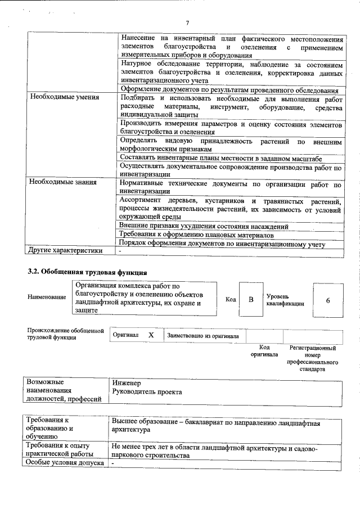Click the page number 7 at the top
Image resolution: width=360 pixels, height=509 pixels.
pos(188,22)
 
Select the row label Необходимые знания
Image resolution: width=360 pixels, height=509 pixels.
pos(63,182)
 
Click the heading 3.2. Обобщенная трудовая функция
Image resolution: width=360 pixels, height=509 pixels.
pos(88,272)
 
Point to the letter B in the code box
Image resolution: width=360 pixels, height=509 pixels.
pos(251,299)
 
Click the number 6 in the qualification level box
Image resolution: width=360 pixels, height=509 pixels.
pos(327,300)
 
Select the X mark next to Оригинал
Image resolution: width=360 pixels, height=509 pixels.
pos(151,335)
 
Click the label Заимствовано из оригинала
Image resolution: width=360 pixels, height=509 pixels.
pos(202,335)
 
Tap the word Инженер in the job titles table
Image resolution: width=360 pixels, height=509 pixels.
pos(127,382)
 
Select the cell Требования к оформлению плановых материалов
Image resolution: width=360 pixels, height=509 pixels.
pos(197,235)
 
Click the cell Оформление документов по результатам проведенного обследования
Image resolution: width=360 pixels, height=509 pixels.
pos(229,90)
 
